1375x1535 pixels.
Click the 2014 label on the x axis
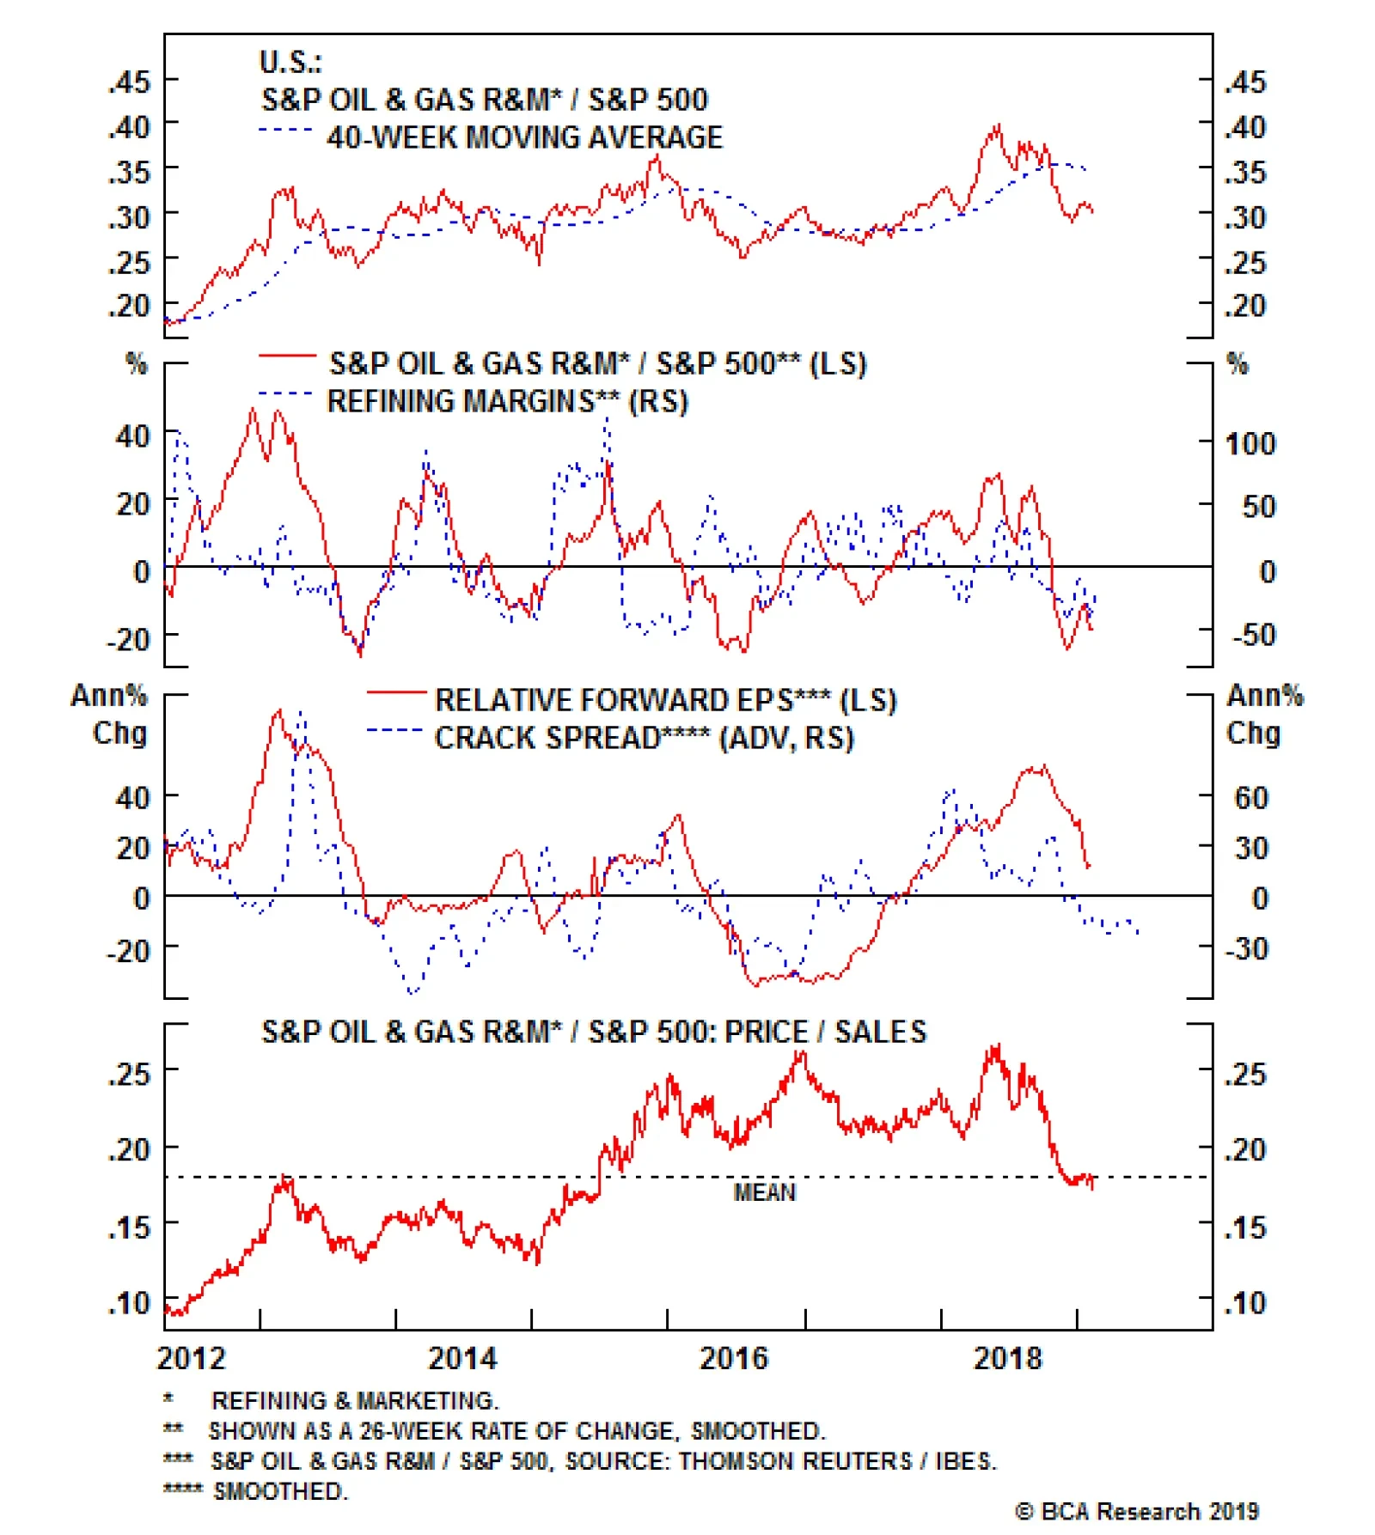(462, 1358)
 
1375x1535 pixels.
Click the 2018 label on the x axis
(1006, 1358)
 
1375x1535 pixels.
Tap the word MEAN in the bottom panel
(764, 1192)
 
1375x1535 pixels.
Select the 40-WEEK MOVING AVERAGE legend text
(524, 137)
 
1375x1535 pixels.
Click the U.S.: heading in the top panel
(290, 62)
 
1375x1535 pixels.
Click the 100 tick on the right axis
(1250, 444)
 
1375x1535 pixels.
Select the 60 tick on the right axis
(1251, 798)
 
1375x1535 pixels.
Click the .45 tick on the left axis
(129, 82)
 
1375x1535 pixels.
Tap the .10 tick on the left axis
(129, 1302)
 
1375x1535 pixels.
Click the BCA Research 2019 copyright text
(1136, 1511)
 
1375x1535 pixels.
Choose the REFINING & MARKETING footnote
(354, 1401)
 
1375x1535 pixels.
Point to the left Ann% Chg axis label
(110, 714)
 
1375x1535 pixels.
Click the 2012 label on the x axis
(191, 1358)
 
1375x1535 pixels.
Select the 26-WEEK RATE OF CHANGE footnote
(516, 1431)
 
